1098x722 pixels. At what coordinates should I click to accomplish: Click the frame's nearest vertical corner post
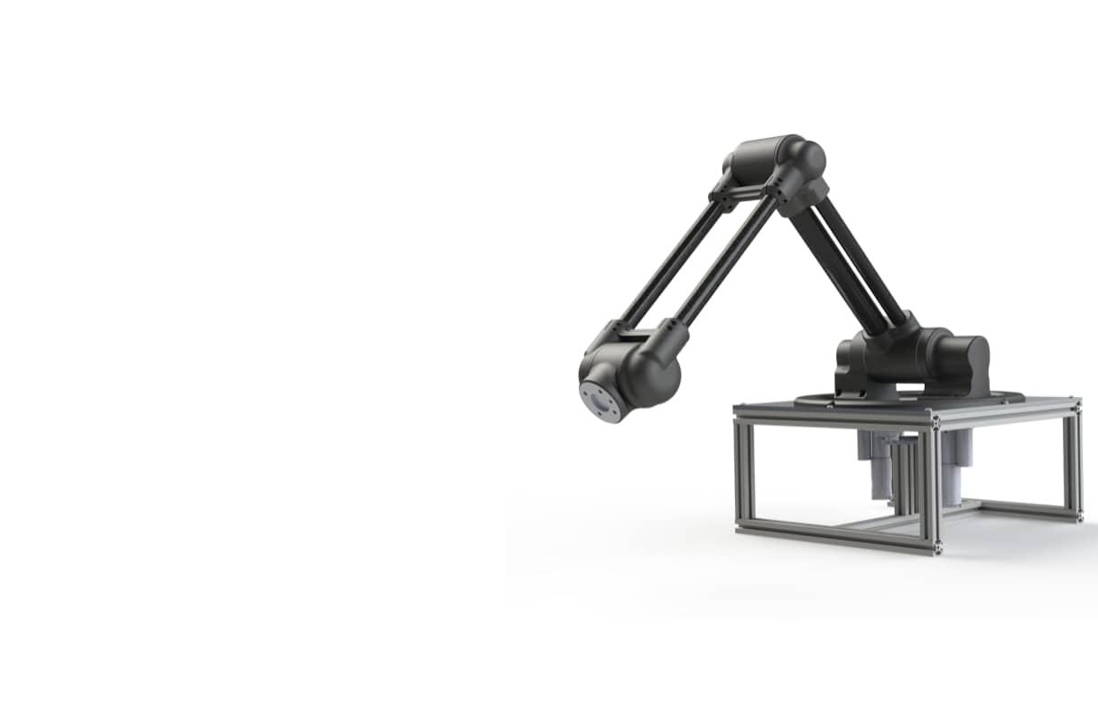[931, 483]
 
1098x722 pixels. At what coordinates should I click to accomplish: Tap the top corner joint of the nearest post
[932, 418]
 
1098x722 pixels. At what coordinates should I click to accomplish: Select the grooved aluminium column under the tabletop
[903, 478]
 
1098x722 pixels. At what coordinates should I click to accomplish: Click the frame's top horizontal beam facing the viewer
[831, 416]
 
